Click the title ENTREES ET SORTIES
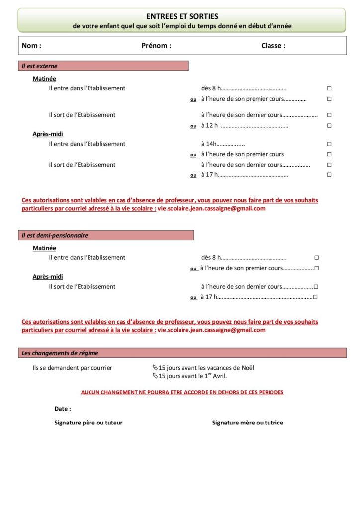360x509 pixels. (182, 16)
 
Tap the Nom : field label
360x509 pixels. (31, 46)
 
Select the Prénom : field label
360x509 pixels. (156, 46)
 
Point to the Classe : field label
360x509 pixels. (273, 46)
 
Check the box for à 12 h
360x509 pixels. (329, 126)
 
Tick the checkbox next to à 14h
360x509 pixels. (329, 144)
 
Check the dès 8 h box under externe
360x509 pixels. (329, 88)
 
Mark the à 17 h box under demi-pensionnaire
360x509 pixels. (315, 297)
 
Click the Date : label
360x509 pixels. (63, 409)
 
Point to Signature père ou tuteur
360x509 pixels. (88, 423)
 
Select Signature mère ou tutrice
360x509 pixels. (248, 423)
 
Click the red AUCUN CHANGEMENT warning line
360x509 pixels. (182, 392)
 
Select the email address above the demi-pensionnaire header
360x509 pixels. (211, 209)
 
